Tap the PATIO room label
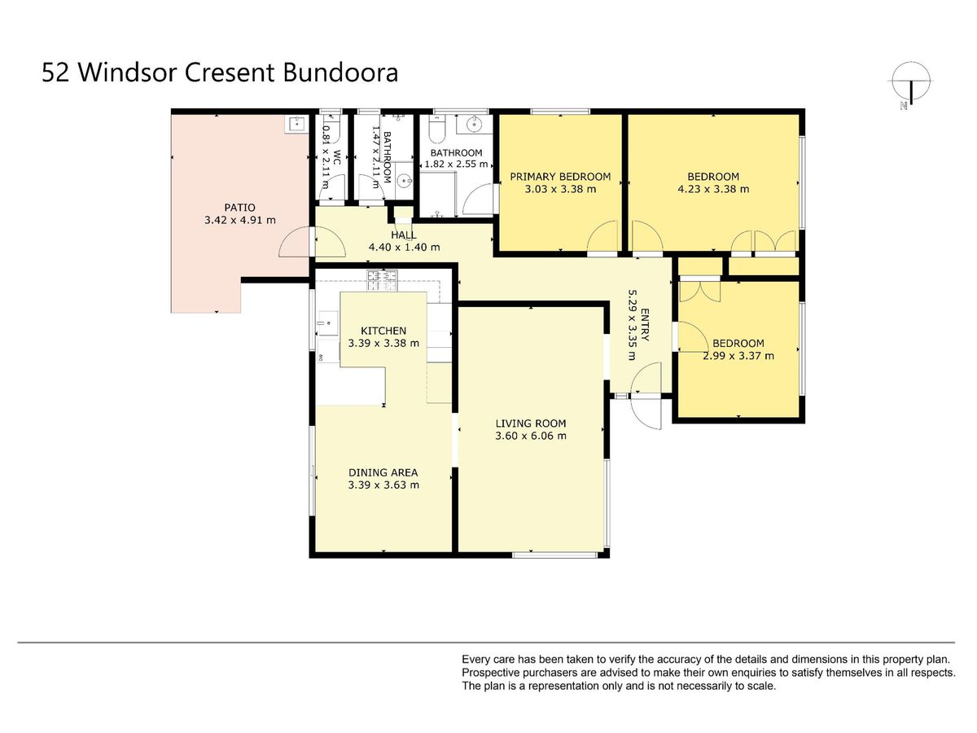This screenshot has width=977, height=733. click(240, 208)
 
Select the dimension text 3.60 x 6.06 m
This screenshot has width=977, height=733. click(531, 436)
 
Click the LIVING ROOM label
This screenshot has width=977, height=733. click(531, 424)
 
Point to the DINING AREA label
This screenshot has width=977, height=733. click(383, 472)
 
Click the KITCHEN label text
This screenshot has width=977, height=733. click(383, 331)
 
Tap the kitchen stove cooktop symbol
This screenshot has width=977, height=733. click(382, 280)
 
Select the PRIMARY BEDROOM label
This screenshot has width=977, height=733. click(560, 177)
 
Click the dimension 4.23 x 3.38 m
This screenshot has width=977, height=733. click(713, 189)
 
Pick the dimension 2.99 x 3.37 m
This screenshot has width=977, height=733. click(738, 356)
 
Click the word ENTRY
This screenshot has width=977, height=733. click(645, 325)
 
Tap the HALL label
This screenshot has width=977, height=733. click(404, 235)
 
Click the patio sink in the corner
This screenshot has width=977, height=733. click(296, 123)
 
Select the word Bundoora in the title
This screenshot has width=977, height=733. click(340, 72)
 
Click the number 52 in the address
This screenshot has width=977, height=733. click(55, 72)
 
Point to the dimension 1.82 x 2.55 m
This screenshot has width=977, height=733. click(456, 165)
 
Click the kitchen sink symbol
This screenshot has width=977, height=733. click(327, 323)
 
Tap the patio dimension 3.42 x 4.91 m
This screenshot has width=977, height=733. click(240, 220)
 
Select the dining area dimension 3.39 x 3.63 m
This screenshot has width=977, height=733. click(383, 485)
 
